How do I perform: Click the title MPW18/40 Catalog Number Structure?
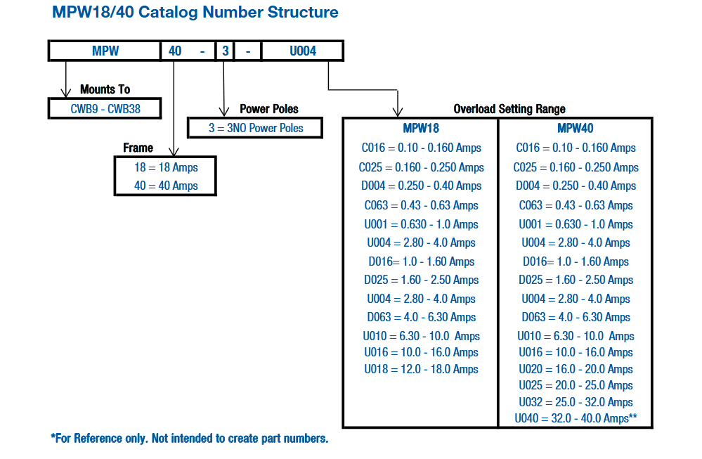point(195,13)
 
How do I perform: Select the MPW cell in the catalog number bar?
point(105,51)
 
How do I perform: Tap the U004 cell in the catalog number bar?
point(303,51)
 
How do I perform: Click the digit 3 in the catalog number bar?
point(224,51)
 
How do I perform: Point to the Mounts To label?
point(105,89)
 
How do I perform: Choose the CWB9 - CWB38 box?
point(105,109)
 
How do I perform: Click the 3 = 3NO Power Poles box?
point(256,128)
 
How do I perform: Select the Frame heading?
point(138,148)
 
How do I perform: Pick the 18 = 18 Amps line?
point(166,167)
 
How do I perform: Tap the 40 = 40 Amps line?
point(166,186)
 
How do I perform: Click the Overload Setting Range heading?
point(509,109)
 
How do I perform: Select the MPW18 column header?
point(421,129)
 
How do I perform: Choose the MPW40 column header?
point(576,129)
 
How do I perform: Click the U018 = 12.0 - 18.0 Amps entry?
point(421,369)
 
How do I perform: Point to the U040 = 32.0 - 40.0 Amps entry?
point(576,419)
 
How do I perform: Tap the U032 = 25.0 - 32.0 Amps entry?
point(576,402)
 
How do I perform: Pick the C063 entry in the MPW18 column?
point(421,205)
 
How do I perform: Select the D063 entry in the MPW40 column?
point(576,317)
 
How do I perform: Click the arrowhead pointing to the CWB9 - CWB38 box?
point(67,93)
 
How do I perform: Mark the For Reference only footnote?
point(189,439)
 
